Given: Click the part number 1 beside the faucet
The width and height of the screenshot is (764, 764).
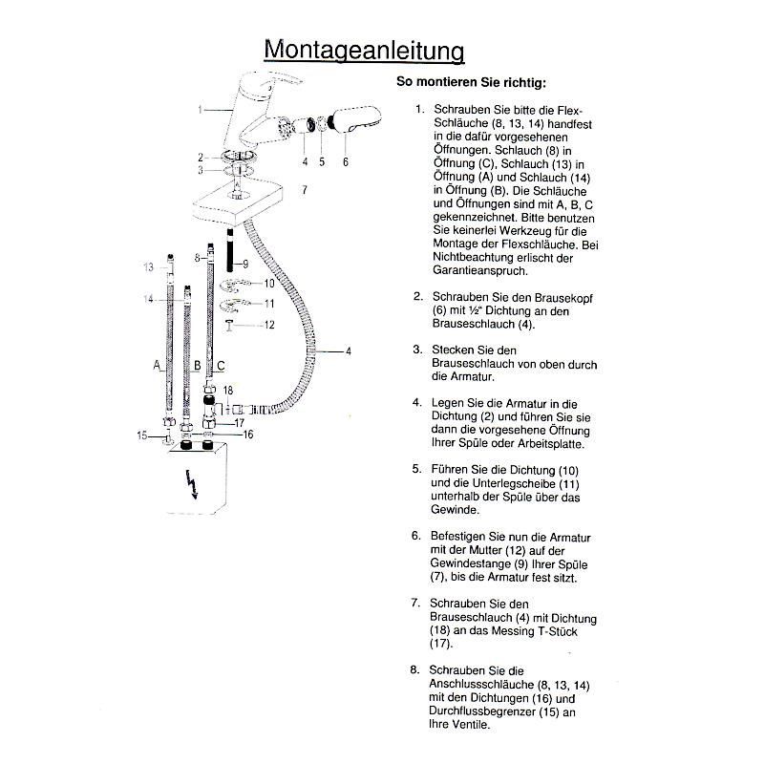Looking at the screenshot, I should click(201, 110).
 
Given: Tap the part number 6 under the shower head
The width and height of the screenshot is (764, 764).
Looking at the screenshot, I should click(345, 161).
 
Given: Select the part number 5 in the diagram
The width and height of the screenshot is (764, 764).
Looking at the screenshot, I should click(322, 161).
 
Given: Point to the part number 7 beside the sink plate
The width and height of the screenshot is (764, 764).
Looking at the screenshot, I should click(304, 190).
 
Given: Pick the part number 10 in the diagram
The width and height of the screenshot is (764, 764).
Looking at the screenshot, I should click(269, 284).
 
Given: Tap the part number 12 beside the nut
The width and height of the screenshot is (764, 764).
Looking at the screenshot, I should click(270, 325).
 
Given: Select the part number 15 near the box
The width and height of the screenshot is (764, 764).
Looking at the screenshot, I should click(141, 435).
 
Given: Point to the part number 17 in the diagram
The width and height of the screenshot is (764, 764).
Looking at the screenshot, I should click(240, 421).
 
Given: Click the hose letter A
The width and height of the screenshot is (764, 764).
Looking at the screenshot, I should click(156, 365).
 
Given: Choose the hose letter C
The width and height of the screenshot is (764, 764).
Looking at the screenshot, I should click(222, 365).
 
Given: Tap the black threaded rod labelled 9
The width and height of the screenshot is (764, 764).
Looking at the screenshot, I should click(230, 259).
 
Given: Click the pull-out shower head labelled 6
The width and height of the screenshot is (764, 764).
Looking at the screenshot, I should click(354, 123).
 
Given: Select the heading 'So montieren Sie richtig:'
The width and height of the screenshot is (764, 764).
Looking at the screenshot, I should click(471, 82).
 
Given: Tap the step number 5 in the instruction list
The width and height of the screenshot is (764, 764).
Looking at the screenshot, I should click(416, 469).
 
